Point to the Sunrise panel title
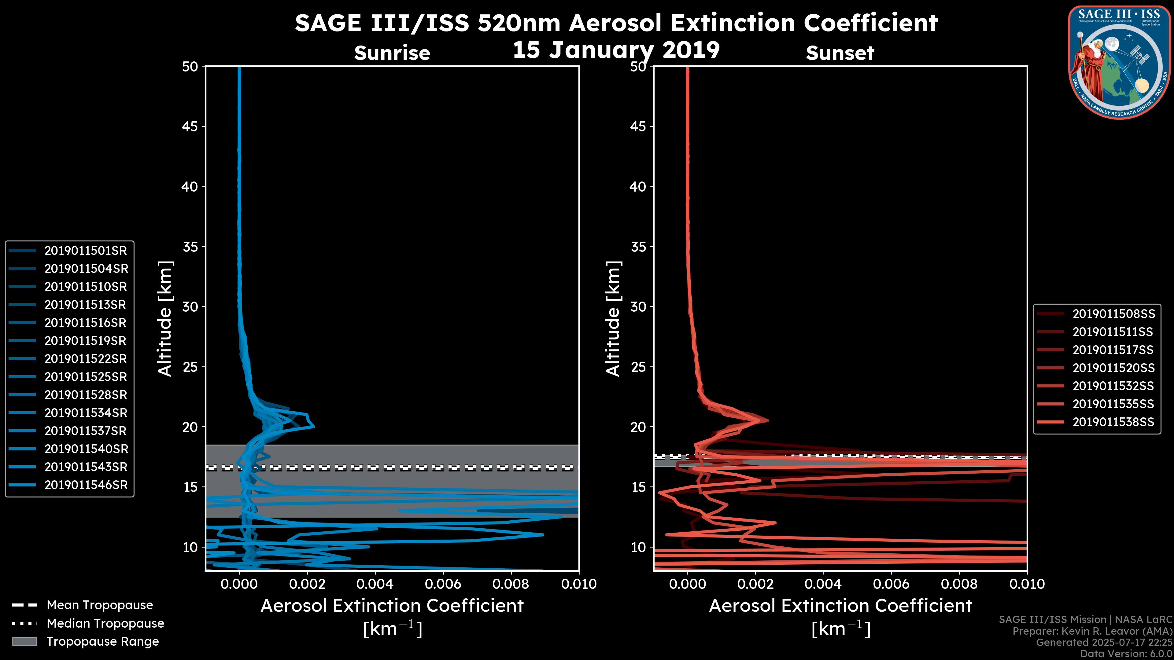click(x=392, y=53)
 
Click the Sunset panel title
click(x=840, y=53)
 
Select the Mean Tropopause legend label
click(x=100, y=605)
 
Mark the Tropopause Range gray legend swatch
click(x=24, y=641)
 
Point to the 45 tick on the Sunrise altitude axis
click(x=190, y=127)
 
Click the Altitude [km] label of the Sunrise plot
click(x=165, y=319)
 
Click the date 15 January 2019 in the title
click(x=616, y=50)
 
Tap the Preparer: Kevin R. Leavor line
click(x=1092, y=631)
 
